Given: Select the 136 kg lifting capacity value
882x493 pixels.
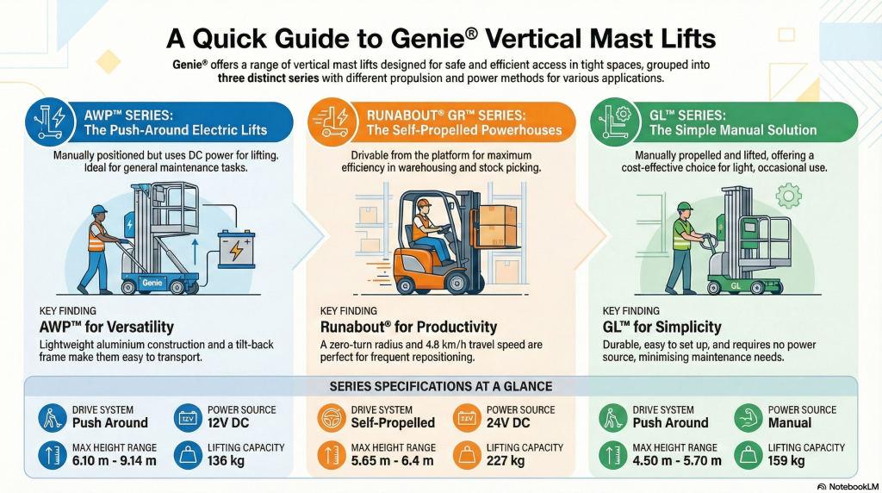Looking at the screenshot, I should [227, 461].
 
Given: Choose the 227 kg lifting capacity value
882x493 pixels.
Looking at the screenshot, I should [506, 461].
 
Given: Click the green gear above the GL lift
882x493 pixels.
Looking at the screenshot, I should [787, 197].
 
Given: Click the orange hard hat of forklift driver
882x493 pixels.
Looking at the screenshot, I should [422, 205].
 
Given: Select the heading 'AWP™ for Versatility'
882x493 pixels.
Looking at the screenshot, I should [107, 327].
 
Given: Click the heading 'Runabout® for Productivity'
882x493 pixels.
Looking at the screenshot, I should [408, 327].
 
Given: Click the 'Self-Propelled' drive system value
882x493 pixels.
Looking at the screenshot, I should [393, 422].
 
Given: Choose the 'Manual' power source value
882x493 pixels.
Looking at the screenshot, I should [790, 422].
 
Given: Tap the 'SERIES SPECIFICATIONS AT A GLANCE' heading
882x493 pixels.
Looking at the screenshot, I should [441, 386].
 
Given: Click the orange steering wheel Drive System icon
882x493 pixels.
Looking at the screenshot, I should [332, 417].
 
